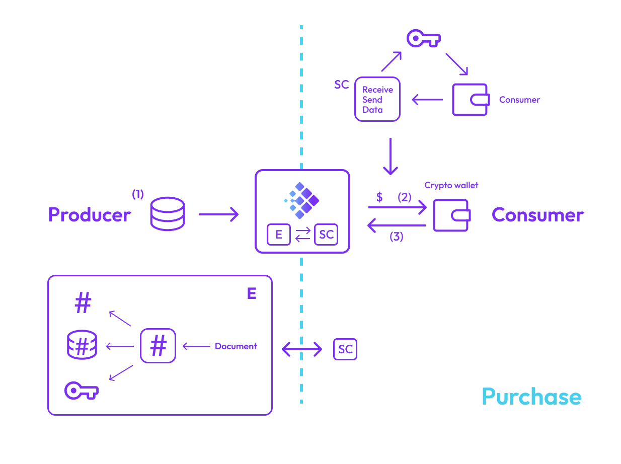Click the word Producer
[x=89, y=215]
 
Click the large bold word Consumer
[x=537, y=215]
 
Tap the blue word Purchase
[x=531, y=397]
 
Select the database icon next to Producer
[x=168, y=214]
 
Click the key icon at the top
[x=423, y=38]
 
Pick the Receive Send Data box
[x=377, y=99]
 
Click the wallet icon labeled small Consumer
[x=470, y=100]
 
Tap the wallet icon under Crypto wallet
[x=451, y=215]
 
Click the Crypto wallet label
[x=451, y=185]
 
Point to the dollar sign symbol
[x=379, y=197]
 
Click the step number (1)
[x=137, y=194]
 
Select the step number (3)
[x=397, y=237]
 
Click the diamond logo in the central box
[x=301, y=200]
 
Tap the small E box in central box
[x=278, y=235]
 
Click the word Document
[x=236, y=346]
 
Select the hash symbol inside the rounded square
[x=158, y=346]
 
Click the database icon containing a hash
[x=82, y=345]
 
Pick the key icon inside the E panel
[x=82, y=390]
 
